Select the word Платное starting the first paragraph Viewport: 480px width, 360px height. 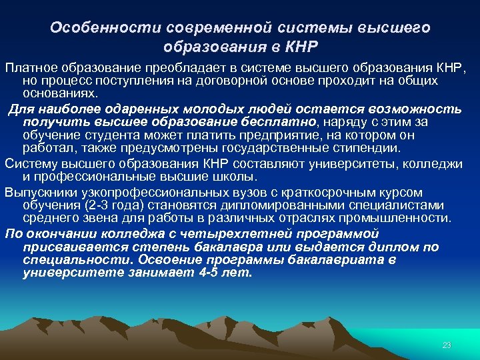point(31,69)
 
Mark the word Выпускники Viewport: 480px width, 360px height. point(40,191)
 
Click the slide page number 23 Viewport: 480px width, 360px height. point(447,345)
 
